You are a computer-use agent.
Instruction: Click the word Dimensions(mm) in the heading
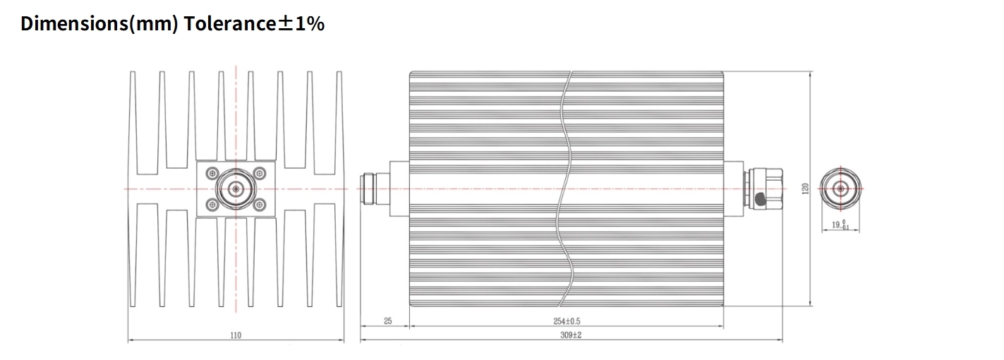click(x=99, y=24)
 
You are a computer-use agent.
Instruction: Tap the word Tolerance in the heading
click(x=230, y=24)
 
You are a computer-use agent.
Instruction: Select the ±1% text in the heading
click(x=301, y=24)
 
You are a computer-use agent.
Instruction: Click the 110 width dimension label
click(x=236, y=335)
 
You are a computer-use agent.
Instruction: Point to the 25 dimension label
click(x=388, y=321)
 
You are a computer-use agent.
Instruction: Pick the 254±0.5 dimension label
click(x=567, y=321)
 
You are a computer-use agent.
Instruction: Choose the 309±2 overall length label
click(x=571, y=335)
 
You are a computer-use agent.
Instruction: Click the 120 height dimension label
click(x=805, y=188)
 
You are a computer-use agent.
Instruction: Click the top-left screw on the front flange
click(x=212, y=173)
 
